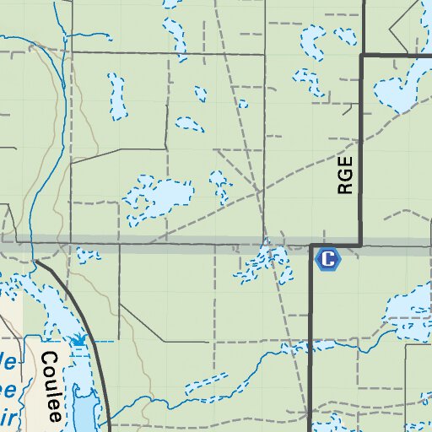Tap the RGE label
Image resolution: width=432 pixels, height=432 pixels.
point(344,175)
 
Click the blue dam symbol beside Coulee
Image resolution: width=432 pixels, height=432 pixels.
point(78,340)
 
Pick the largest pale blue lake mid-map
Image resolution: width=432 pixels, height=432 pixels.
point(159,197)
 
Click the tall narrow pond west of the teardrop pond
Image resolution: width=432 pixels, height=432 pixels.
point(116,94)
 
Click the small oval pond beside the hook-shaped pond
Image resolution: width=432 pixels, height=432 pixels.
point(344,35)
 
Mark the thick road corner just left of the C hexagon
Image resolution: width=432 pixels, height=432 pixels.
point(310,247)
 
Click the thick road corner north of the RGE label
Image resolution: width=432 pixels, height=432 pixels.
point(362,57)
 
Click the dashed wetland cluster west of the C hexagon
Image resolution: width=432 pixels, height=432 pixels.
point(260,265)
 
